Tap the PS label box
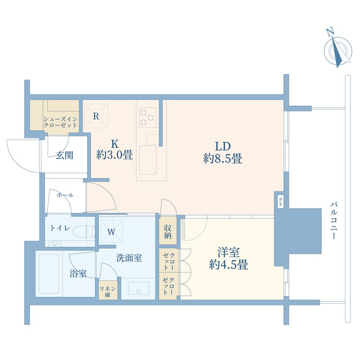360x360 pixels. point(280,202)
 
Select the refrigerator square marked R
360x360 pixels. point(96,116)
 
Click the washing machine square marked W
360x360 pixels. point(112,231)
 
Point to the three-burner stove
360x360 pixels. point(148,117)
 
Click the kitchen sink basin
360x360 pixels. point(148,160)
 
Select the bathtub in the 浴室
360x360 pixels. point(49,274)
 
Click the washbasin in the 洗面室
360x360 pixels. point(139,288)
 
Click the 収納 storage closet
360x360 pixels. point(168,231)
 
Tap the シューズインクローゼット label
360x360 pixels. point(60,122)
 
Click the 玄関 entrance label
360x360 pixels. point(64,155)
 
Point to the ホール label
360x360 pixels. point(65,195)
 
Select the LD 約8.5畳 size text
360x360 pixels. point(223,153)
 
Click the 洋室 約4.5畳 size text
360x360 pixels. point(229,258)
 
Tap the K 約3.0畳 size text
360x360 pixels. point(115,150)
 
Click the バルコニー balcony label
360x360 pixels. point(334,220)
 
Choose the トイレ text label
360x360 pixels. point(60,228)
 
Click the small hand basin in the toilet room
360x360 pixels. point(54,243)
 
